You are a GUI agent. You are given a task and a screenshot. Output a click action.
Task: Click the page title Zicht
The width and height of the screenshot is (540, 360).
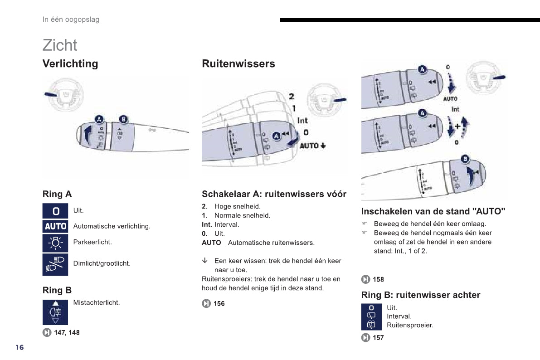pos(60,45)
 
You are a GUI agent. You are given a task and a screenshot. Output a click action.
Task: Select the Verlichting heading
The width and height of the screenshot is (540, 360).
pos(70,63)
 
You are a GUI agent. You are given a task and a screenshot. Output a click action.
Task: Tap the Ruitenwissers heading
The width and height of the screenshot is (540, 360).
pos(238,63)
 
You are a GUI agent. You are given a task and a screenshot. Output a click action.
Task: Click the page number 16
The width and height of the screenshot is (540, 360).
pos(19,347)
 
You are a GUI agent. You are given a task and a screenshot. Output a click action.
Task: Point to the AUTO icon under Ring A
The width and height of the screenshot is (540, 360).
pos(55,226)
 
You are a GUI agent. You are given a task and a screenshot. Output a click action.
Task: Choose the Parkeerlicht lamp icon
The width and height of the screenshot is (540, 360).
pos(55,243)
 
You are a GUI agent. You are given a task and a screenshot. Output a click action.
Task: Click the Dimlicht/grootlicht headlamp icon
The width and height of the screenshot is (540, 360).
pos(55,264)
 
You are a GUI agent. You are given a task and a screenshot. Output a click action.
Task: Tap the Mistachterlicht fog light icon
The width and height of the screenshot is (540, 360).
pos(55,312)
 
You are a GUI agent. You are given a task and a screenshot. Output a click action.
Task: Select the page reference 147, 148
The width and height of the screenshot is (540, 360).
pos(67,332)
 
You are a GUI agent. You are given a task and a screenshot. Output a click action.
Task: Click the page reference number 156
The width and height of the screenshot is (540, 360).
pos(219,303)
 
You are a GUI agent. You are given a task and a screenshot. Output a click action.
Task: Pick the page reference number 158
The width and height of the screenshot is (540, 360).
pos(378,279)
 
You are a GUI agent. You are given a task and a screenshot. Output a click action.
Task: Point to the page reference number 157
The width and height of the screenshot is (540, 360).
pos(378,338)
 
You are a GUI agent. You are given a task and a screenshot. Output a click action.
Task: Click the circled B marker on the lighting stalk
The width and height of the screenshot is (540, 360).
pos(123,119)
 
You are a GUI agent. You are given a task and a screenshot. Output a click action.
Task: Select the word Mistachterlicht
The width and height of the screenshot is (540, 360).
pos(97,302)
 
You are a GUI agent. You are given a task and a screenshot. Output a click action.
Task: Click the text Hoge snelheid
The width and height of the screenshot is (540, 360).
pos(238,206)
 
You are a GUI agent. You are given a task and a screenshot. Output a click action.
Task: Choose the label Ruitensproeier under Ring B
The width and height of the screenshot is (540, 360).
pos(410,325)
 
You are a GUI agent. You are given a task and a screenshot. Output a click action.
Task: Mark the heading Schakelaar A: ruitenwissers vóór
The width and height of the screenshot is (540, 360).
pos(274,194)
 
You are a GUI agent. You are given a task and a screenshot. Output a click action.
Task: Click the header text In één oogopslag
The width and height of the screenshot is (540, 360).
pos(71,19)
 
